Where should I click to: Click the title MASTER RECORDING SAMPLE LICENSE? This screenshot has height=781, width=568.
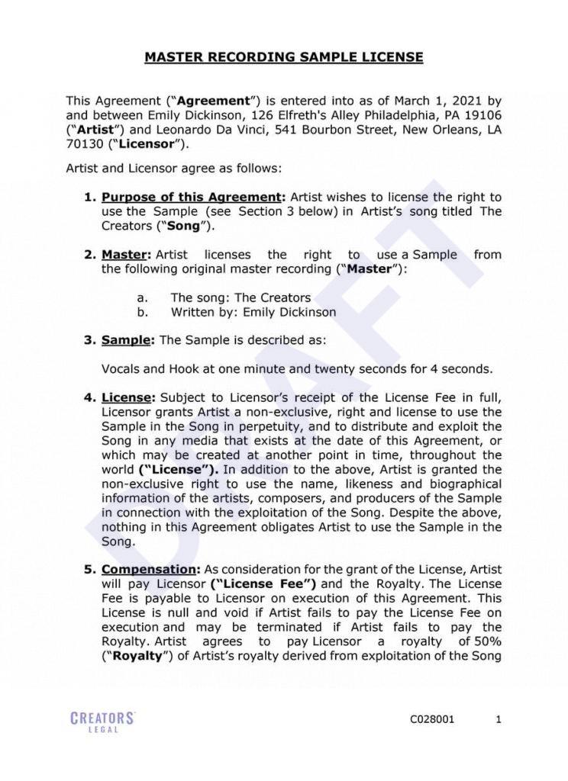284,57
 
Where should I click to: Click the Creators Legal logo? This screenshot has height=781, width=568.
102,722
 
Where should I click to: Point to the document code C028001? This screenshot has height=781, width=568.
432,718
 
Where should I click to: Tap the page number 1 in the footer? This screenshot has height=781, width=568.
499,718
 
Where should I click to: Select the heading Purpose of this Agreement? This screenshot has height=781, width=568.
192,197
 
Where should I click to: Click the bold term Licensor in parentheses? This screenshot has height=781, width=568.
151,144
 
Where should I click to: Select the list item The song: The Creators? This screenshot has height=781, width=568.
240,297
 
